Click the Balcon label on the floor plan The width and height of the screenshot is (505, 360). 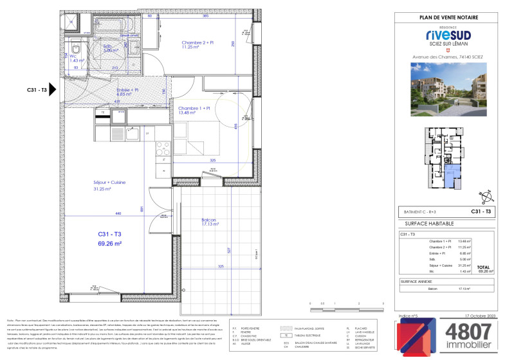tap(207, 222)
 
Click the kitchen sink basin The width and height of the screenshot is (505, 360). tap(133, 135)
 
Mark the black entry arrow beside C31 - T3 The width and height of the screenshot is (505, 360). tap(53, 91)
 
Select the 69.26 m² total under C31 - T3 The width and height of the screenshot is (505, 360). tap(110, 244)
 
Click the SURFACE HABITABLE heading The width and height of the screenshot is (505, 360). tap(428, 222)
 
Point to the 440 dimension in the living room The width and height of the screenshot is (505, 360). tap(100, 213)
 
